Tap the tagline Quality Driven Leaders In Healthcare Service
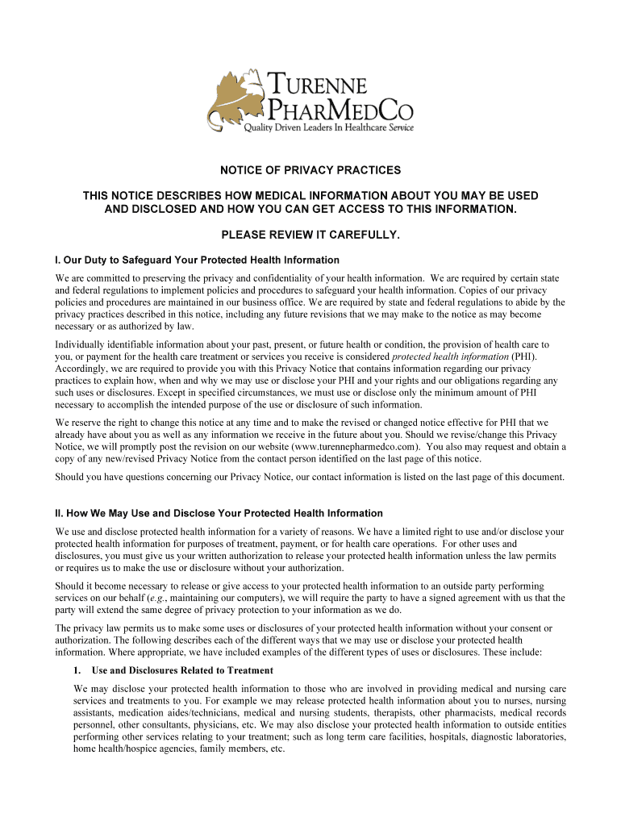click(329, 128)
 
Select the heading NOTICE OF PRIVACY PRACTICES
click(310, 171)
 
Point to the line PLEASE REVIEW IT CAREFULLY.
click(310, 235)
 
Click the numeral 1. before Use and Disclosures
click(77, 670)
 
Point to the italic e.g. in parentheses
click(175, 598)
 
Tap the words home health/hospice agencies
click(139, 749)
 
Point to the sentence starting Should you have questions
click(310, 477)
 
